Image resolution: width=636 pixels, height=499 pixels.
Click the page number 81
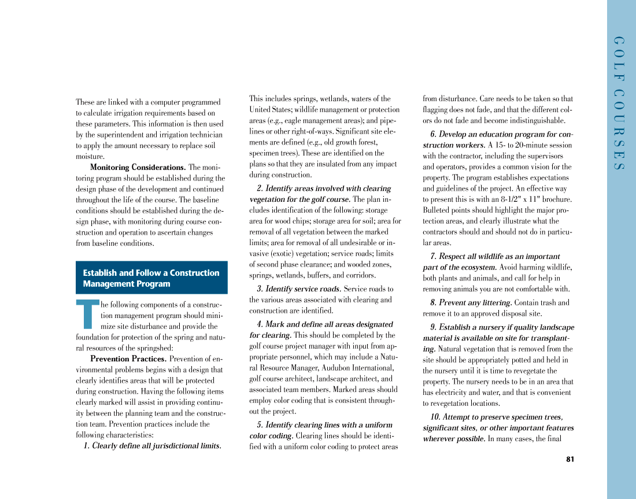pos(570,460)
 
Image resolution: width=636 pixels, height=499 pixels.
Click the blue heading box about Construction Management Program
pos(151,278)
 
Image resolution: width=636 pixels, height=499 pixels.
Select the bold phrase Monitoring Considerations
pos(138,168)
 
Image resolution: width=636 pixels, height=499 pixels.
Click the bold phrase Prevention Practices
pos(128,359)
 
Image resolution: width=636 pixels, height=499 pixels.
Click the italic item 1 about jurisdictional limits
pos(153,446)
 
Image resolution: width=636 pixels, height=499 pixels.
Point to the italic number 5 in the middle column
pos(260,425)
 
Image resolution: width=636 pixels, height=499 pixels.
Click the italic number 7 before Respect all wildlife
pos(433,257)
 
